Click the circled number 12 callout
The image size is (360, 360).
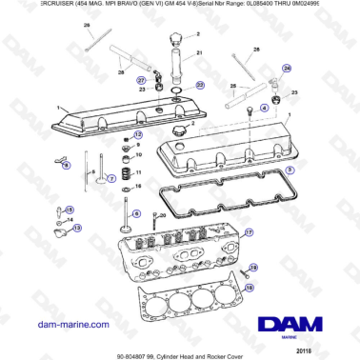[137, 134]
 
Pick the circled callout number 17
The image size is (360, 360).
[250, 231]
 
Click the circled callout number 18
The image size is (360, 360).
[253, 269]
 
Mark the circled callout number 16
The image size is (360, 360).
[250, 285]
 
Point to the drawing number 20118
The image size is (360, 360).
[329, 350]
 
